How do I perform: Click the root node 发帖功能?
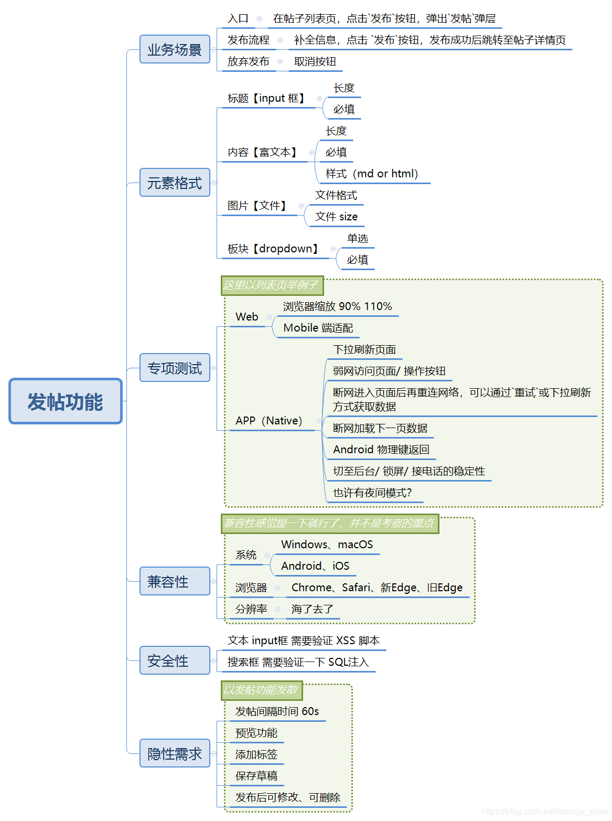click(66, 401)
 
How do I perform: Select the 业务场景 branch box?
click(175, 49)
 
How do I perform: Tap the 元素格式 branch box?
click(175, 183)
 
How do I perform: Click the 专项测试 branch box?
click(175, 368)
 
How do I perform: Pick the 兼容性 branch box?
click(175, 581)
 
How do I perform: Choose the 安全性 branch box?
click(175, 660)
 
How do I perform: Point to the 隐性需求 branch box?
click(175, 753)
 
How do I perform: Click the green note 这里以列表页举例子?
click(272, 285)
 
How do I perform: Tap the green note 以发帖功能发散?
click(261, 690)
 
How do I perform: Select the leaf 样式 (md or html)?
click(371, 174)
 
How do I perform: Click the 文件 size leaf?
click(336, 217)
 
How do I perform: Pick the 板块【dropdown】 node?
click(273, 249)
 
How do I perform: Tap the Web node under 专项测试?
click(246, 317)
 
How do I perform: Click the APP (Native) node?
click(269, 421)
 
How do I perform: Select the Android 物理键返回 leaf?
click(381, 450)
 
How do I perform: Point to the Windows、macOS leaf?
click(327, 545)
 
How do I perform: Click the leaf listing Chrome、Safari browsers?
click(377, 588)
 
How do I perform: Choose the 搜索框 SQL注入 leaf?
click(298, 662)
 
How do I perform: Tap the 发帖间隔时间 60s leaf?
click(277, 711)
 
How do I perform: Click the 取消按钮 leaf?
click(315, 61)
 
